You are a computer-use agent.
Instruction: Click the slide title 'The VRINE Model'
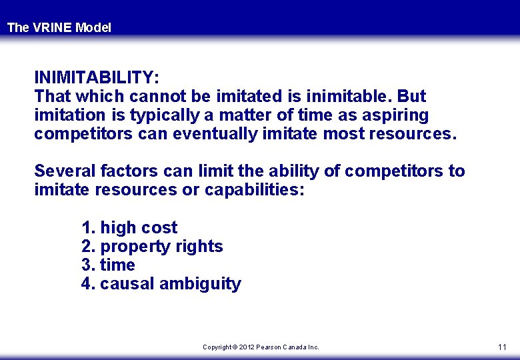pos(59,28)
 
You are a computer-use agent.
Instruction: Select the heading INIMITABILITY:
pos(97,77)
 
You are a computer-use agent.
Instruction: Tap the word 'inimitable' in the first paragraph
pos(349,96)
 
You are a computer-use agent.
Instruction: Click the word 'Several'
pos(65,171)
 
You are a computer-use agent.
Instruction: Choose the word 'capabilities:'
pos(254,189)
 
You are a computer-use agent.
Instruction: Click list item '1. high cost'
pos(129,227)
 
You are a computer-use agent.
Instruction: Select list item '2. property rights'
pos(152,246)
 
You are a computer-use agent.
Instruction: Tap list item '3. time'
pos(108,265)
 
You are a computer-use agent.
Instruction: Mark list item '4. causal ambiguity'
pos(161,283)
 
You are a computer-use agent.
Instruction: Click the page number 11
pos(502,347)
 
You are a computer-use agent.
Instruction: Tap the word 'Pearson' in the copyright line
pos(269,347)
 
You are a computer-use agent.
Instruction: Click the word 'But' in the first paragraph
pos(412,96)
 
